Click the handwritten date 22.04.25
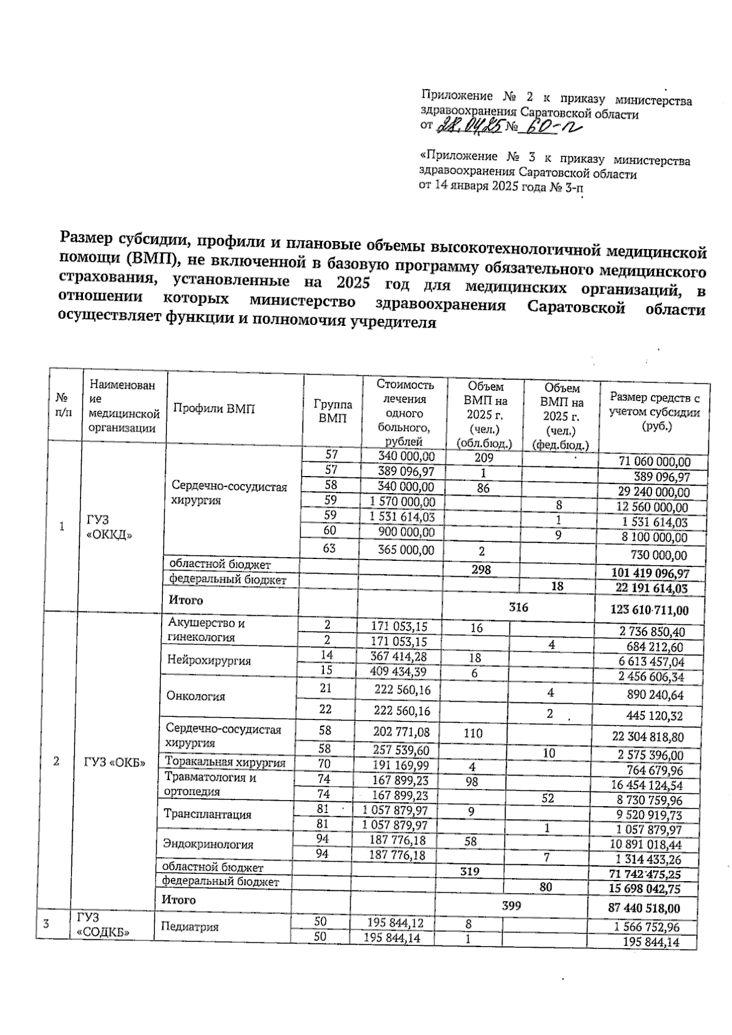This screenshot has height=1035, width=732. [x=469, y=126]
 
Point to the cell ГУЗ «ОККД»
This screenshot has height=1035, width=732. [x=110, y=527]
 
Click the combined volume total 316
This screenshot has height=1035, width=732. [x=518, y=607]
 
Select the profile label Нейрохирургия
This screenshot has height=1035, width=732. [x=199, y=660]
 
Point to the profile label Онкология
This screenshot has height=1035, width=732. [x=195, y=696]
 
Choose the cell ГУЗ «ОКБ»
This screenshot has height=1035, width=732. [x=114, y=762]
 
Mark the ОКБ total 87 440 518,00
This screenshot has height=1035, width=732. [x=644, y=908]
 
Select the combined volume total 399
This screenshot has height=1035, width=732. [x=511, y=906]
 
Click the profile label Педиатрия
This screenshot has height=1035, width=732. [x=189, y=927]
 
